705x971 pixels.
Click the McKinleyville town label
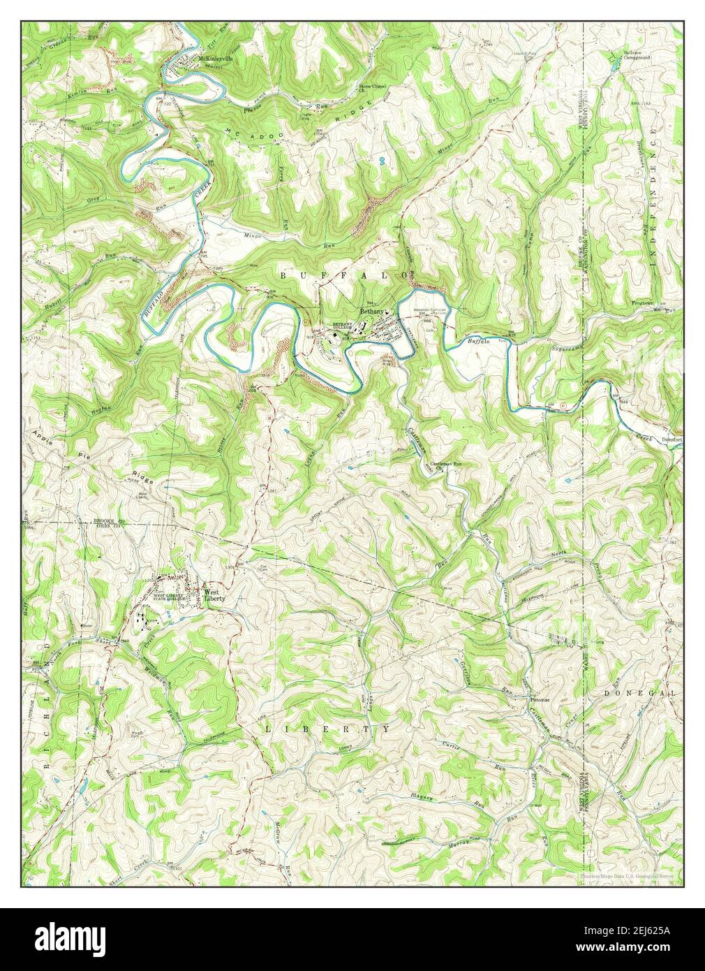(x=220, y=59)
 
